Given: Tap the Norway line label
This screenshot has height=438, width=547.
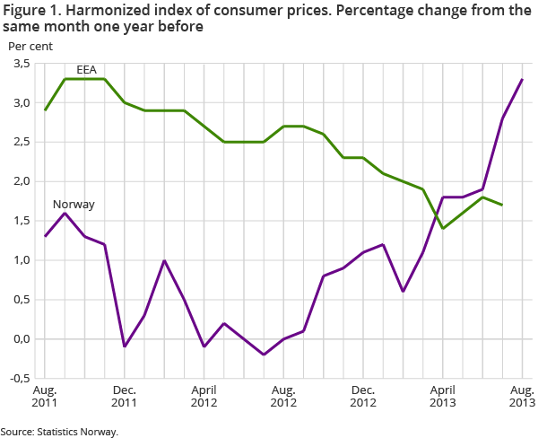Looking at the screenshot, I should [74, 204].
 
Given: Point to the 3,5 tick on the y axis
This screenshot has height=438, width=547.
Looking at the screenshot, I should [20, 63].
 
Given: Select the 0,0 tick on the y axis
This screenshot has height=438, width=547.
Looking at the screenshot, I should [20, 339].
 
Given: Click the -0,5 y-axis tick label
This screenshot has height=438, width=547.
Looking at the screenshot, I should [18, 379].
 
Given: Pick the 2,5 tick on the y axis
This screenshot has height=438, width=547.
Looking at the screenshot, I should [20, 142].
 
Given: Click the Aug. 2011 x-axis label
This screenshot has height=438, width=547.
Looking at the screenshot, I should [45, 398].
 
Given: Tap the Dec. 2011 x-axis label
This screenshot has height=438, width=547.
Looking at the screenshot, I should [125, 398].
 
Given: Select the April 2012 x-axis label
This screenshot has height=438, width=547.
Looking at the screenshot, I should [204, 398].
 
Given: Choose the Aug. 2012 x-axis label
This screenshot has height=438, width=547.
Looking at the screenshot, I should [283, 398].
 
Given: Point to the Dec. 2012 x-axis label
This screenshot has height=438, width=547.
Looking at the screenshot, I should [363, 398].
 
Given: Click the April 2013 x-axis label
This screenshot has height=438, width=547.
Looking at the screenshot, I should [443, 398].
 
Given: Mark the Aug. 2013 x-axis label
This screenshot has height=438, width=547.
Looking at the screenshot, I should [521, 398].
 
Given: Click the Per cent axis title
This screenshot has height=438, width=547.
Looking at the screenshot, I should [29, 46].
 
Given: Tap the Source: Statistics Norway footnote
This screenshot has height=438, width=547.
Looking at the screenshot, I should [59, 432].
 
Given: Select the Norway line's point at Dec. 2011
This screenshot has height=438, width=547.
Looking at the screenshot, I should [125, 346].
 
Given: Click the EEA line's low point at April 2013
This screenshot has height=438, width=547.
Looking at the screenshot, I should [443, 228].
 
